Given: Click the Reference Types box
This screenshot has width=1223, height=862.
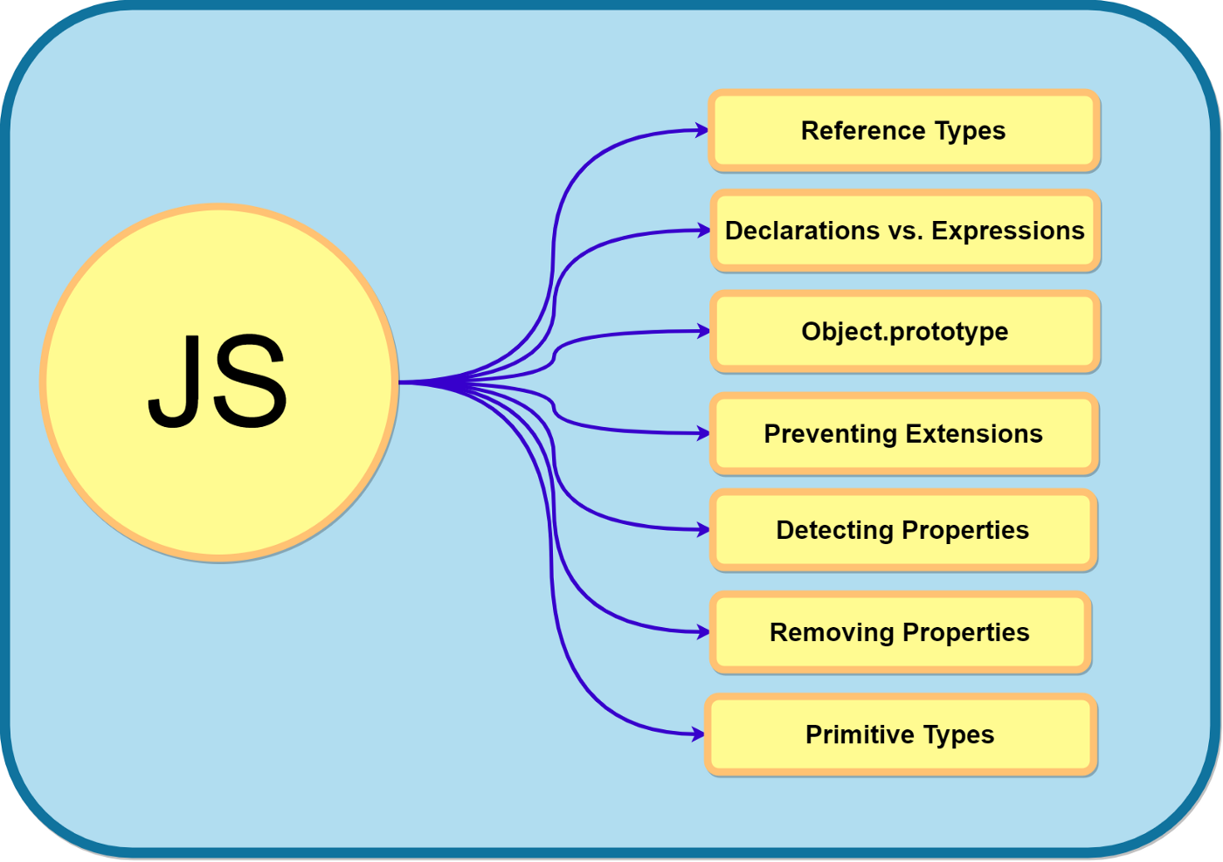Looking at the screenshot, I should coord(904,131).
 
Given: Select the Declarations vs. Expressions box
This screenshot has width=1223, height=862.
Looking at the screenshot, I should coord(905,231).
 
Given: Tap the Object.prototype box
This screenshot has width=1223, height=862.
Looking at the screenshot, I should coord(905,332).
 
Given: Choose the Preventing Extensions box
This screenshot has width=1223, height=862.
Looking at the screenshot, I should coord(904,434).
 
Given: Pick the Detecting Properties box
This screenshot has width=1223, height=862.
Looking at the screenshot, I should coord(903,530).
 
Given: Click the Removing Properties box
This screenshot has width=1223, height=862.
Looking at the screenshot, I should coord(901,632).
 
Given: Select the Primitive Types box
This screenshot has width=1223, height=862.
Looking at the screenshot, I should coord(901,734).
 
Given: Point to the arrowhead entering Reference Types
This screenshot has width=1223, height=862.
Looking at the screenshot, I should coord(701,130).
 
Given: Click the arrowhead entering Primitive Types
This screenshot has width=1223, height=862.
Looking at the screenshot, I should coord(698,734).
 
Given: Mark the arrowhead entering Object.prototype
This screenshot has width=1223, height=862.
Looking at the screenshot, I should coord(703,331).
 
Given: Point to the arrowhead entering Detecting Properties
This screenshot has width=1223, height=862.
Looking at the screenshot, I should coord(702,529).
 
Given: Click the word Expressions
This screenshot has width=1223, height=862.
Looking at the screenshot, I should coord(1007,231).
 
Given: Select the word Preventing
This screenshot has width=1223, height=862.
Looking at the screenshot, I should coord(830,434).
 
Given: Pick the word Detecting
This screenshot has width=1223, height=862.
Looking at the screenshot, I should coord(834,530).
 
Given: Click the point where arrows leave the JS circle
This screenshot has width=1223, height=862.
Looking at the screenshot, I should coord(401,382).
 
